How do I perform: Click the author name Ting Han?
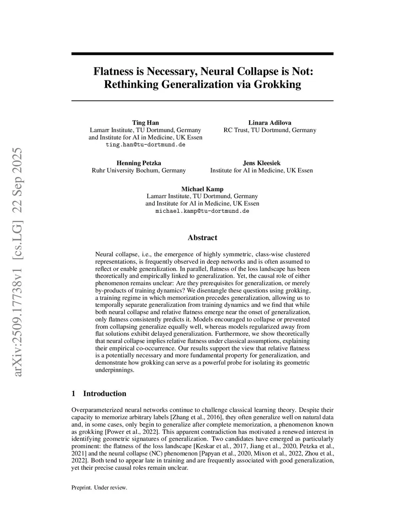pyautogui.click(x=145, y=123)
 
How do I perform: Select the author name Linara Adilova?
pyautogui.click(x=270, y=123)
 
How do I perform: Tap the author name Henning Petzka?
pyautogui.click(x=138, y=163)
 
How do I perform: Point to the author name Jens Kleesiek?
pyautogui.click(x=261, y=163)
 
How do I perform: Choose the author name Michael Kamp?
pyautogui.click(x=202, y=189)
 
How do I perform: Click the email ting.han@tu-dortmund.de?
pyautogui.click(x=145, y=145)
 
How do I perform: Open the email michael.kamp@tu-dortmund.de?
pyautogui.click(x=202, y=211)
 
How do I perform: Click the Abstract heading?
pyautogui.click(x=202, y=238)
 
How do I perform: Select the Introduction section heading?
pyautogui.click(x=104, y=393)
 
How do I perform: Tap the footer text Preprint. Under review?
pyautogui.click(x=99, y=488)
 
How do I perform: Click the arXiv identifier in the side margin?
pyautogui.click(x=18, y=262)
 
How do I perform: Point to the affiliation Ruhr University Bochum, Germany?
pyautogui.click(x=138, y=170)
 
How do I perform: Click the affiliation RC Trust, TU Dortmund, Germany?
pyautogui.click(x=270, y=130)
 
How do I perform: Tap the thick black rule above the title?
pyautogui.click(x=202, y=53)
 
